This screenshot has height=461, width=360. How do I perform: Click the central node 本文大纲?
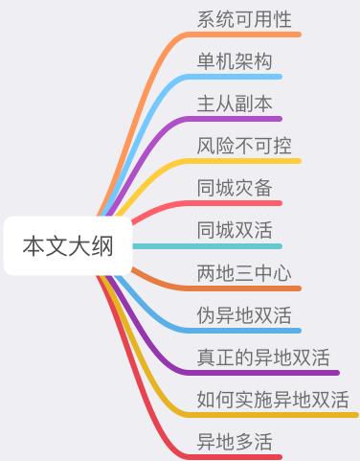[x=67, y=246]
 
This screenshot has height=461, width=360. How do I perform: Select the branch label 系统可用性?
[x=244, y=19]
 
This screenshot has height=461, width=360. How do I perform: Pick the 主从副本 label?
[x=235, y=104]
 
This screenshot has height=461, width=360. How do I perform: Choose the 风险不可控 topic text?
[x=244, y=146]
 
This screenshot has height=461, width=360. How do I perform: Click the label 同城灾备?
[x=235, y=188]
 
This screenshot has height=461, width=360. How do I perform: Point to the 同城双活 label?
[x=235, y=230]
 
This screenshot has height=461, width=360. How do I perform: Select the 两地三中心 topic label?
[x=244, y=272]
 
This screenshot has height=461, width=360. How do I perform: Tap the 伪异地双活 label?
[x=244, y=314]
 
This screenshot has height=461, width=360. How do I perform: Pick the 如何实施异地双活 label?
[x=273, y=400]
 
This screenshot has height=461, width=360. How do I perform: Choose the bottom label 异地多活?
[x=235, y=442]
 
